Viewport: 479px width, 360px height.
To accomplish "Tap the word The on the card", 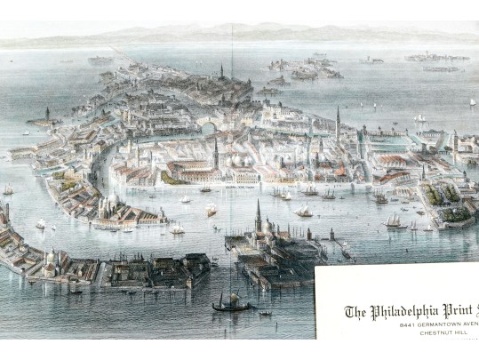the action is [354, 311].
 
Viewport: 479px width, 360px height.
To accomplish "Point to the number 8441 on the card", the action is [410, 326].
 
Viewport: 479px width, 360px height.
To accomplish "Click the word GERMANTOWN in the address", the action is [439, 326].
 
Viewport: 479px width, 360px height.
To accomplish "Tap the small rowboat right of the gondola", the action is [266, 313].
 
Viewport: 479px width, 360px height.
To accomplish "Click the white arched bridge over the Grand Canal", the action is [209, 129].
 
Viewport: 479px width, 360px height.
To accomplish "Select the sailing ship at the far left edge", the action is [8, 189].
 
